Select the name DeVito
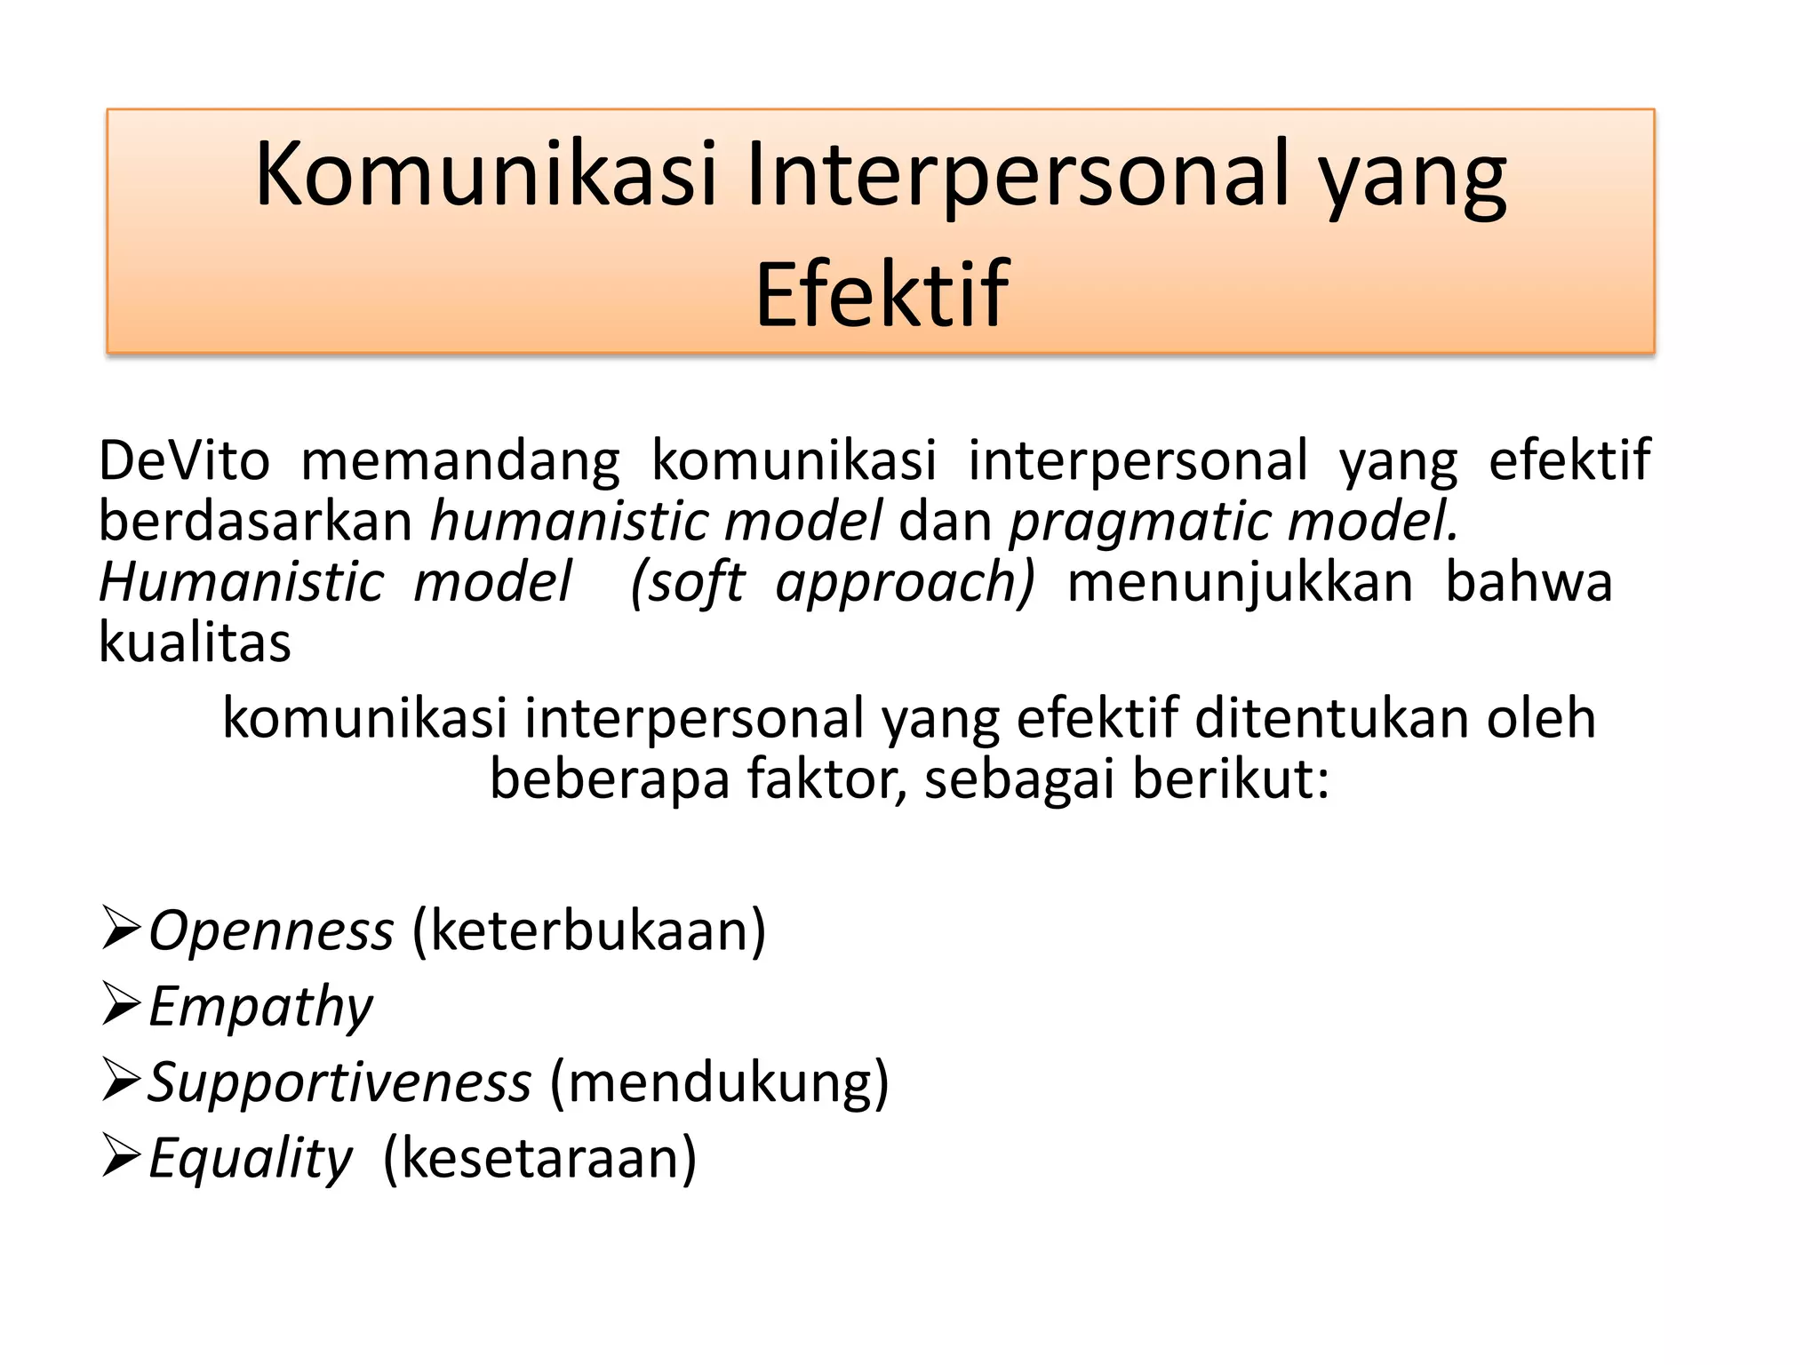click(184, 460)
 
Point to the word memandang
click(460, 462)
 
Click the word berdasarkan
click(255, 521)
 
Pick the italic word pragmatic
click(1138, 523)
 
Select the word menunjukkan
click(1240, 583)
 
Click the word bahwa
click(1529, 582)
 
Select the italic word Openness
click(271, 931)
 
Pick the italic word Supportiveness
click(339, 1082)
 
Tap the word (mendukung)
click(719, 1082)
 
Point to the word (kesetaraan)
click(539, 1158)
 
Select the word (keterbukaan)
click(588, 931)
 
